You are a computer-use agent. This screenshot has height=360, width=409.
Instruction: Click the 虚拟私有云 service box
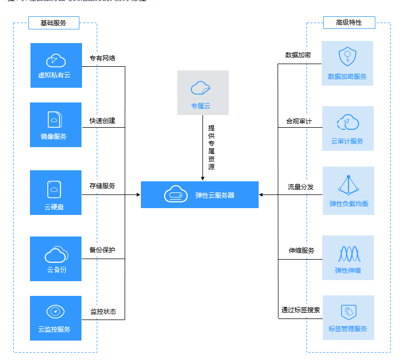point(56,65)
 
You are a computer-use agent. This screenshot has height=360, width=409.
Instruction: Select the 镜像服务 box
point(56,125)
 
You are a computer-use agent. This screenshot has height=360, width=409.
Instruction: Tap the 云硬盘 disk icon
point(54,189)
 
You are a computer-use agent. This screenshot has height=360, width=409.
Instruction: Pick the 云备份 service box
point(56,259)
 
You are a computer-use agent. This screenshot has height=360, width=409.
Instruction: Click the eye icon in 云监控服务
point(55,312)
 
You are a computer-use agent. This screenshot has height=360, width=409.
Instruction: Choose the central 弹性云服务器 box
point(199,194)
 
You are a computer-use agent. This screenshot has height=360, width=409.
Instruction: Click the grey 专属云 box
point(202,92)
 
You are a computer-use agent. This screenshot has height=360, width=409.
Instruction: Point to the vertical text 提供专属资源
point(211,147)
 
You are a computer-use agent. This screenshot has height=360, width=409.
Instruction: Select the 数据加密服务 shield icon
point(347,56)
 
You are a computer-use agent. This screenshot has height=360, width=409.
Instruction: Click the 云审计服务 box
point(347,128)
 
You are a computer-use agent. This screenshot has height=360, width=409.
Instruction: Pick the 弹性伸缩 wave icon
point(347,254)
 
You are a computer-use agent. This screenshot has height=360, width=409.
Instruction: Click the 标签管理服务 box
point(347,317)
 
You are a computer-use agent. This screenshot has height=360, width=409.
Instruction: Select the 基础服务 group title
point(53,23)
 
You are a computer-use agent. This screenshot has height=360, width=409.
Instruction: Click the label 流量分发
point(300,187)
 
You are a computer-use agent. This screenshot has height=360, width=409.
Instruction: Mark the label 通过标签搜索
point(301,310)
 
